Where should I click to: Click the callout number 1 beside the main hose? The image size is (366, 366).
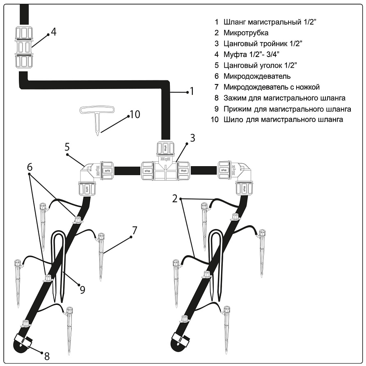(x=191, y=91)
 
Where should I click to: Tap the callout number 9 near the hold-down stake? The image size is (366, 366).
(x=82, y=290)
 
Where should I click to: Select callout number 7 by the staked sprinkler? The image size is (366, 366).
(x=134, y=230)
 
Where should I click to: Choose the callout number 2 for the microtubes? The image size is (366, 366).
(x=175, y=199)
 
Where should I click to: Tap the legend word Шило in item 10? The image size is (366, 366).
(x=233, y=120)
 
